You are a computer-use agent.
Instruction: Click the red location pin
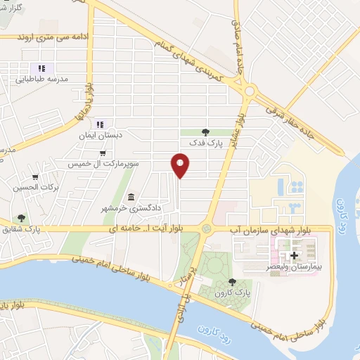pos(181,165)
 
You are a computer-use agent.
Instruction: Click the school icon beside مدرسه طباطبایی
pos(41,69)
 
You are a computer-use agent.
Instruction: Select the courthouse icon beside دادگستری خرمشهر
pos(131,196)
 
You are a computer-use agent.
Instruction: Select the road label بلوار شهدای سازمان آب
pos(281,229)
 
